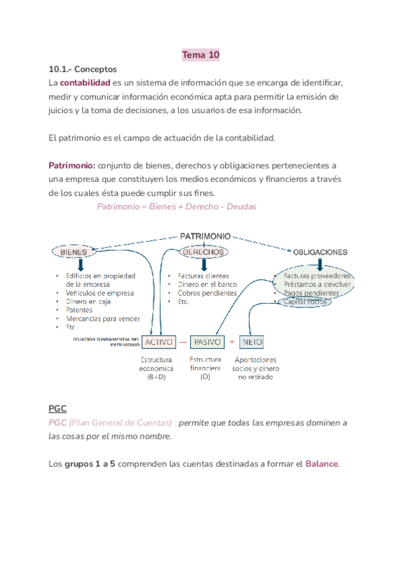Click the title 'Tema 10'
pyautogui.click(x=201, y=55)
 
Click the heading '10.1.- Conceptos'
pyautogui.click(x=82, y=69)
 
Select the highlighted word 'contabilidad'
pyautogui.click(x=85, y=83)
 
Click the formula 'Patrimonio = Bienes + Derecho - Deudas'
pyautogui.click(x=177, y=207)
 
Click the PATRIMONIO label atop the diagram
pyautogui.click(x=205, y=236)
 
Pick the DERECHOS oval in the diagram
pyautogui.click(x=203, y=252)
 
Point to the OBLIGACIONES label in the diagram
pyautogui.click(x=320, y=252)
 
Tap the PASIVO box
pyautogui.click(x=207, y=342)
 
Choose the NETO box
pyautogui.click(x=251, y=342)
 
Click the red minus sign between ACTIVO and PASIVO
pyautogui.click(x=183, y=342)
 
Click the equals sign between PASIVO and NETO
pyautogui.click(x=232, y=342)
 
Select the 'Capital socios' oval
pyautogui.click(x=306, y=302)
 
